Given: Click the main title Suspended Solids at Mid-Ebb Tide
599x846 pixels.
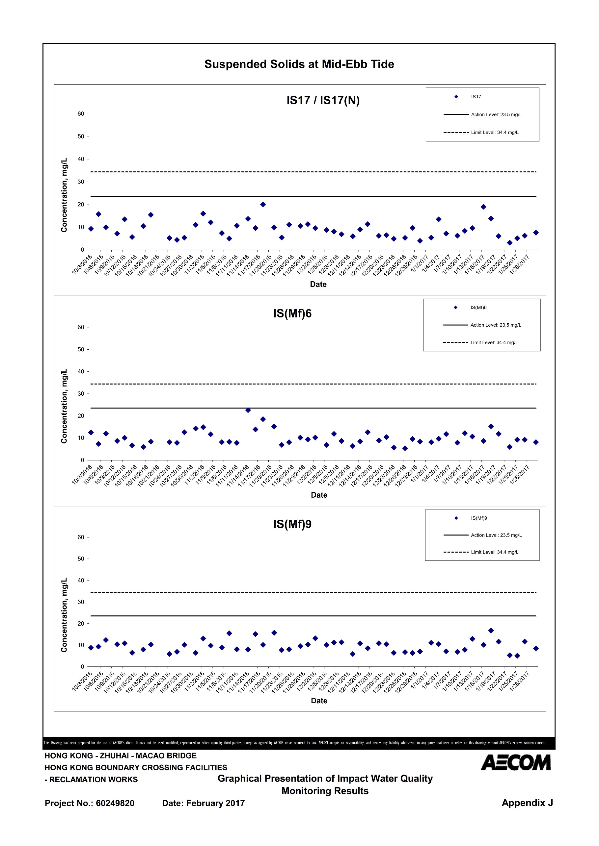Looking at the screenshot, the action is pos(299,64).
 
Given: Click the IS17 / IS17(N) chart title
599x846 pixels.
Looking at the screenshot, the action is pos(323,100).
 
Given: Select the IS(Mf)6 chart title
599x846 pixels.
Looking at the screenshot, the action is pos(292,313).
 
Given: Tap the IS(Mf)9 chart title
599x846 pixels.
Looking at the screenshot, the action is pos(292,524).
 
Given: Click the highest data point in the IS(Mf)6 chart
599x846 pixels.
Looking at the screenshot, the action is pos(248,410).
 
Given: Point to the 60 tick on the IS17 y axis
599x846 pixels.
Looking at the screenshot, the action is pos(81,114).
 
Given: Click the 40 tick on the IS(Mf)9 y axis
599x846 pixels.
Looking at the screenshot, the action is pos(81,580).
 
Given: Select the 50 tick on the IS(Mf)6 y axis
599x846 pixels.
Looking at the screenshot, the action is pos(81,349).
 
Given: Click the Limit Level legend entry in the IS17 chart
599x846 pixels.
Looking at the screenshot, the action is pos(481,132).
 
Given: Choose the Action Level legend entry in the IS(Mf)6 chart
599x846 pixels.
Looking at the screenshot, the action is pos(482,325).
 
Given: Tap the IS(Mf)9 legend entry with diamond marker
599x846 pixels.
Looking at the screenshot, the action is pos(471,518).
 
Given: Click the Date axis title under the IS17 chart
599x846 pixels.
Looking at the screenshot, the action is pos(318,284).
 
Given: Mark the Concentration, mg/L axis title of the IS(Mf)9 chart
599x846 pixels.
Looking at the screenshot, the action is pos(64,615).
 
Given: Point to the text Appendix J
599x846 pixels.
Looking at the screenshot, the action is pos(527,803).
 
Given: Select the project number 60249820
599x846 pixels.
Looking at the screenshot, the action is pos(115,803).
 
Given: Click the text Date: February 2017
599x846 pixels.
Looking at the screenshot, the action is pos(203,803).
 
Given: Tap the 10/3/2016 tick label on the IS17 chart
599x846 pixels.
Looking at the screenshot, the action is pos(82,264).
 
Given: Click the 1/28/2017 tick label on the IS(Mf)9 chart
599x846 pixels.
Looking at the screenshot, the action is pos(519,681).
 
